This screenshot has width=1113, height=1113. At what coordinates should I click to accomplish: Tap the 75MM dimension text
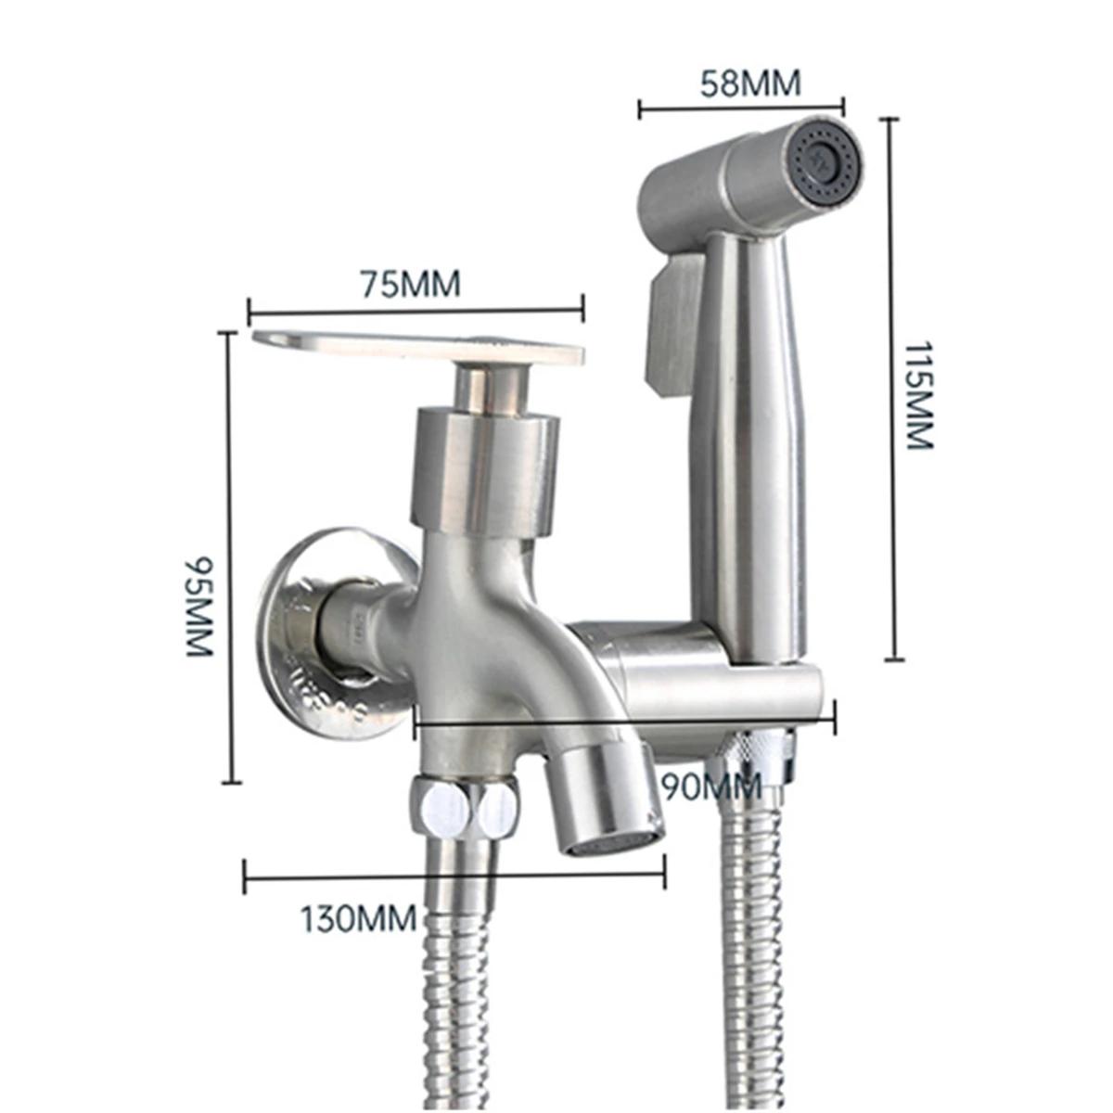click(x=410, y=283)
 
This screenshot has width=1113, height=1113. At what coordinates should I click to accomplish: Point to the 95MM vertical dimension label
click(x=199, y=606)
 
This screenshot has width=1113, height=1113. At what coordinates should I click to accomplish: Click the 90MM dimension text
click(x=711, y=787)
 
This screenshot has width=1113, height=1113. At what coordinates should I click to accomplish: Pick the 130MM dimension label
click(x=358, y=918)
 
